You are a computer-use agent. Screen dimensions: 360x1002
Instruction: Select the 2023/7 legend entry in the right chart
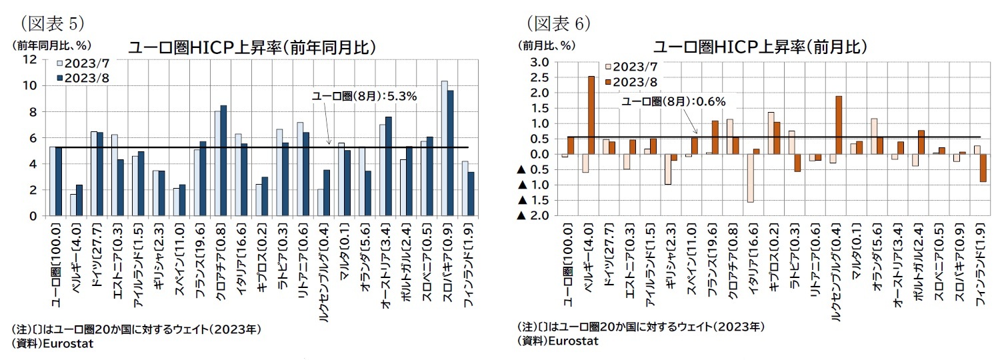tap(629, 67)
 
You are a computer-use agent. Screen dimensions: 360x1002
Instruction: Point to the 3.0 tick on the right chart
tap(539, 62)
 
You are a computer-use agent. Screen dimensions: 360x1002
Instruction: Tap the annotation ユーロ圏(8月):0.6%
tap(673, 101)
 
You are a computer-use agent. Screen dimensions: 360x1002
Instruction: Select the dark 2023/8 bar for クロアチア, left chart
tap(223, 160)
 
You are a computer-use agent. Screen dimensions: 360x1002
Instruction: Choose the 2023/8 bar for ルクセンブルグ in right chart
tap(839, 125)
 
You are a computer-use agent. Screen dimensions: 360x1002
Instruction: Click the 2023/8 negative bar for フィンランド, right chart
tap(983, 167)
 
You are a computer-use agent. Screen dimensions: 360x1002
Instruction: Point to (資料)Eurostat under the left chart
tap(52, 343)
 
